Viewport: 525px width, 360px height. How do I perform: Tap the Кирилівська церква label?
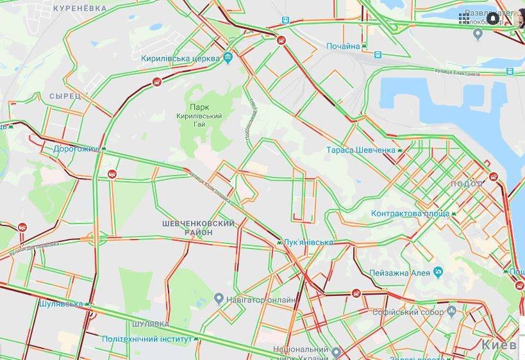pos(181,59)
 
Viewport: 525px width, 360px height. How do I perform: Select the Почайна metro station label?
pos(343,47)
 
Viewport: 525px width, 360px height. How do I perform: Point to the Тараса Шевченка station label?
pos(360,150)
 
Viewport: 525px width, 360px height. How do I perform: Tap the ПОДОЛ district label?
pos(467,184)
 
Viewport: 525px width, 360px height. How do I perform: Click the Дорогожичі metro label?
pos(76,149)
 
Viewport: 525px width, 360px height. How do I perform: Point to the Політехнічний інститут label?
pos(147,338)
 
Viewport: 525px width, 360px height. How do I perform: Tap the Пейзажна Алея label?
pos(399,273)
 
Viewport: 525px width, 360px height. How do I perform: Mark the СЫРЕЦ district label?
pos(65,95)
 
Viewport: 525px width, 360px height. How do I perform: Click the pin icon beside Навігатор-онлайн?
pos(219,299)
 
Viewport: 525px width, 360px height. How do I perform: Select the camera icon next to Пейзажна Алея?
pos(438,272)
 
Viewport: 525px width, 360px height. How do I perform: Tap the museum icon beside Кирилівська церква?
pos(229,59)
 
